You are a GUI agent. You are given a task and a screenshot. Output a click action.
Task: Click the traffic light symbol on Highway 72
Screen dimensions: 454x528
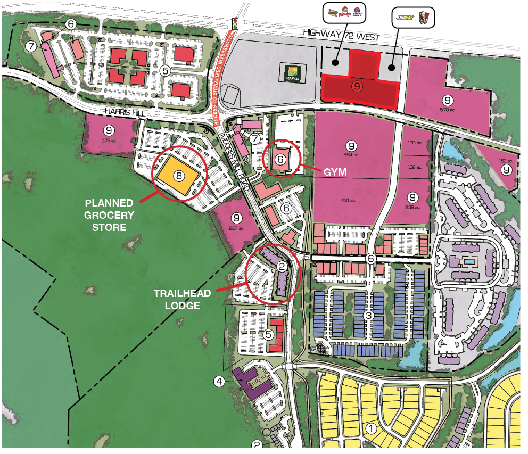[234, 23]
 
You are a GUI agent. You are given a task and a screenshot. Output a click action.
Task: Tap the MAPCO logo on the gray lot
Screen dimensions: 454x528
[291, 73]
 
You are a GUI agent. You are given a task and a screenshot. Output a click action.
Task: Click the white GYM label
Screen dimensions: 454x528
[336, 172]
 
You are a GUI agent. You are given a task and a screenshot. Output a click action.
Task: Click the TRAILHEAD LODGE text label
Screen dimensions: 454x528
[182, 299]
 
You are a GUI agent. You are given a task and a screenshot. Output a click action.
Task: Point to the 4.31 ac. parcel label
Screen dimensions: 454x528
[349, 201]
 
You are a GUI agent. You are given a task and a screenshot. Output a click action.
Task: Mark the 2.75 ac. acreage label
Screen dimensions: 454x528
[109, 140]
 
